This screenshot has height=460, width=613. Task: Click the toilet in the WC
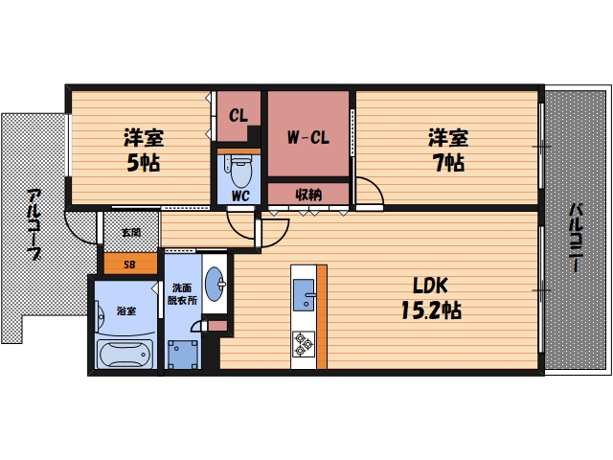[240, 171]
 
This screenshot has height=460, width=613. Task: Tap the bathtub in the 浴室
[125, 354]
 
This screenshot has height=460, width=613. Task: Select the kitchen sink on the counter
[304, 294]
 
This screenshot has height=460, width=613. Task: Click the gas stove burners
[304, 344]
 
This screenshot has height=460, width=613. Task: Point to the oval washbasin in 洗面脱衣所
[216, 284]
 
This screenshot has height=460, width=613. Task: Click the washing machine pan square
[183, 355]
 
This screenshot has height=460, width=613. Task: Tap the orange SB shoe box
[130, 264]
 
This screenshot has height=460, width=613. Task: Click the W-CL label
[308, 137]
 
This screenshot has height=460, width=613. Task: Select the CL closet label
[238, 115]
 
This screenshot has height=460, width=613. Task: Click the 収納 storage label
[308, 194]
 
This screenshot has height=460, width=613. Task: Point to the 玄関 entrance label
[131, 232]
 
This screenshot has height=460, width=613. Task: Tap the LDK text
[430, 286]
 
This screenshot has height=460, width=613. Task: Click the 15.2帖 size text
[431, 310]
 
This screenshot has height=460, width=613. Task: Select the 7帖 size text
[448, 162]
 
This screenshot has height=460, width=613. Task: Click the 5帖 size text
[144, 162]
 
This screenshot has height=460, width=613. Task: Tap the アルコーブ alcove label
[34, 224]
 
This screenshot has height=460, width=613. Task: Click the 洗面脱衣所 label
[182, 294]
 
